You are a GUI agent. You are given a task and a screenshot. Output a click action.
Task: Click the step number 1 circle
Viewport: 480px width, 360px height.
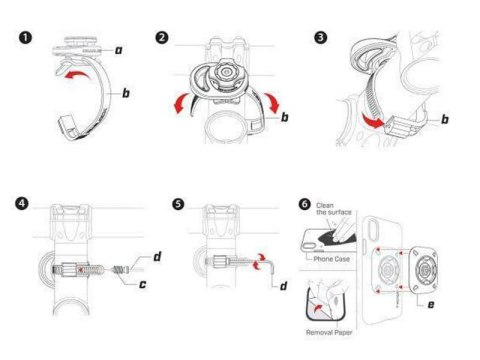click(23, 37)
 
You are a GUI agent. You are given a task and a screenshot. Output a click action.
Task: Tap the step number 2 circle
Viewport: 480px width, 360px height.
click(162, 37)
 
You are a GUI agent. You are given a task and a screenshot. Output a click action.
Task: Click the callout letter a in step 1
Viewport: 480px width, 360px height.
click(119, 47)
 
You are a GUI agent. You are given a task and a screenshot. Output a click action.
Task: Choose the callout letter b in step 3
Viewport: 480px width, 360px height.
click(443, 119)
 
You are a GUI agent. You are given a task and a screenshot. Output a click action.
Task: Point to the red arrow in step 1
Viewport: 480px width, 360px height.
click(72, 74)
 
